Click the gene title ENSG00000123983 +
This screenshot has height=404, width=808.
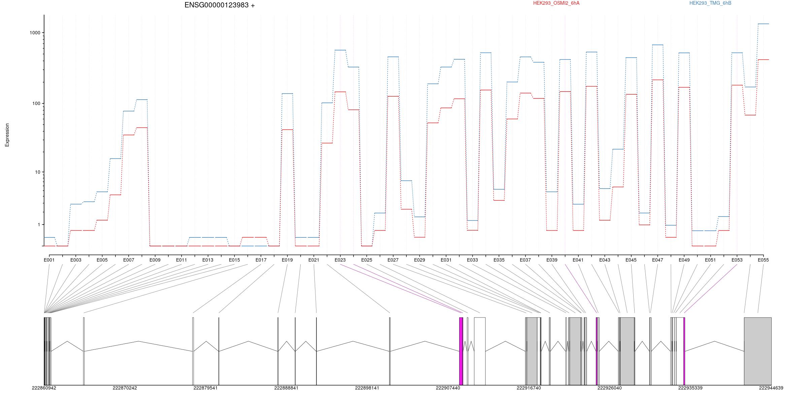tap(220, 5)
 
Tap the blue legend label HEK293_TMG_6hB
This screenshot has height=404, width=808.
tap(710, 3)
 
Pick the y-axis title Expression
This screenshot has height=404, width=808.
tap(7, 135)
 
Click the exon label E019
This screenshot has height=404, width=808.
tap(287, 260)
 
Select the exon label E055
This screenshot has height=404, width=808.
tap(763, 260)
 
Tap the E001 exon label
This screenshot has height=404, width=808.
tap(49, 260)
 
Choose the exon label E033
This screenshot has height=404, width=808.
tap(472, 260)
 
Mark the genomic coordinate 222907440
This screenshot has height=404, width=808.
tap(448, 388)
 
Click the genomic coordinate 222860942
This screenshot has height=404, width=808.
tap(44, 388)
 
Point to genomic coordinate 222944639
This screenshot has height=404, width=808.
tap(771, 388)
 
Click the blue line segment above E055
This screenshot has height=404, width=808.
tap(763, 24)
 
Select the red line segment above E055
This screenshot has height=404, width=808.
tap(763, 60)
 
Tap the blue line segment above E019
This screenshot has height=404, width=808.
tap(287, 94)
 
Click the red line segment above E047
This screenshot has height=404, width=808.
tap(658, 80)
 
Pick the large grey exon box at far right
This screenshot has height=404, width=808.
tap(757, 351)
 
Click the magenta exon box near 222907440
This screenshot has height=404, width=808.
tap(461, 351)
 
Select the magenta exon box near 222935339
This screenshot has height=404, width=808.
tap(684, 351)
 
